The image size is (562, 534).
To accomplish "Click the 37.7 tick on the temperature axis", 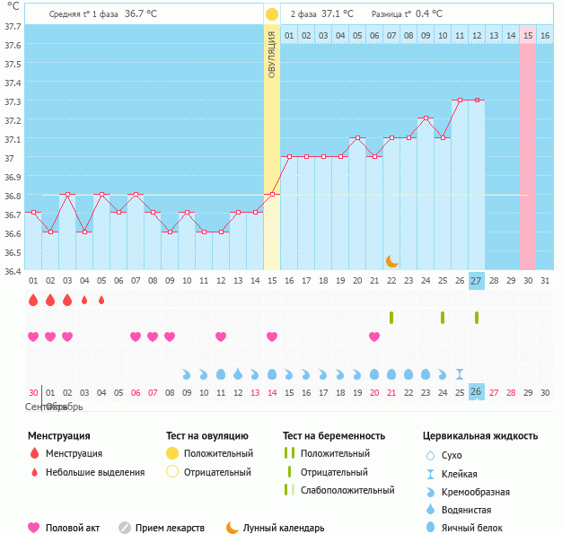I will tap(12, 27).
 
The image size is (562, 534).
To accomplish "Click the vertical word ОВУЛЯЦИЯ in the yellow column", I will tap(272, 54).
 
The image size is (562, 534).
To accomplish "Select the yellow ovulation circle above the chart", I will tap(272, 14).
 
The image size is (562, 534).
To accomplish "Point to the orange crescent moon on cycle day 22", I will tap(392, 261).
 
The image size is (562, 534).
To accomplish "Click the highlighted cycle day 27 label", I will tap(477, 281).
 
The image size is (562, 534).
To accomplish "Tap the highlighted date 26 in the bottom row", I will tap(477, 391).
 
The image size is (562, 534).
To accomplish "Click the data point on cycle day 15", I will tap(272, 194).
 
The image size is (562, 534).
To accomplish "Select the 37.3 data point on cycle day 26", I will tap(460, 101).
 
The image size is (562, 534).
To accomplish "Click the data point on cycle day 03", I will tap(67, 194).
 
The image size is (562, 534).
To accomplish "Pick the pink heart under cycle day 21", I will tap(374, 337).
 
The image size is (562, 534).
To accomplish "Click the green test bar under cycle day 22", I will tap(391, 317).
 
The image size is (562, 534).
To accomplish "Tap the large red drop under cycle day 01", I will tap(33, 300).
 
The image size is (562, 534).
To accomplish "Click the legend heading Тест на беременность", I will tap(333, 436).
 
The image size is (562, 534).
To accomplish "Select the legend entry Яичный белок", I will tap(472, 528).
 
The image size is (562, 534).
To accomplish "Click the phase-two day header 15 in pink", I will tap(528, 35).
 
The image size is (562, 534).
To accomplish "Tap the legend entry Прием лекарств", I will tap(170, 528).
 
